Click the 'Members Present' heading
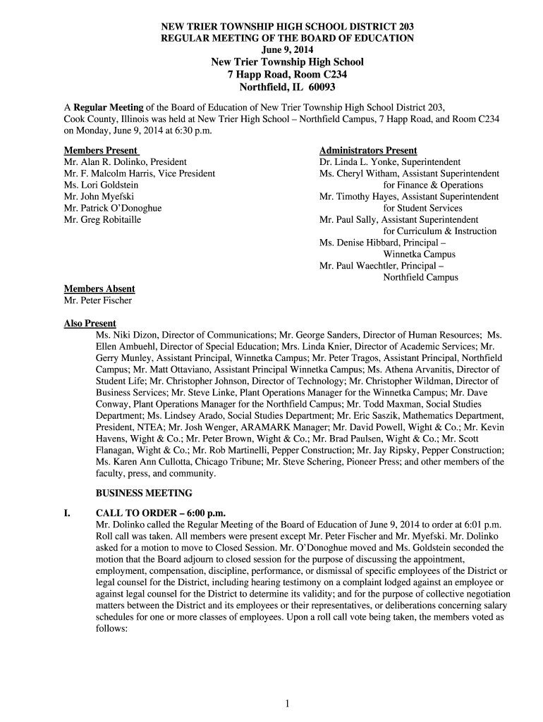pos(100,151)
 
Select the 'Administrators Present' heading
pos(368,151)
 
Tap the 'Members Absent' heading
pos(99,289)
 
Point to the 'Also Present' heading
pos(90,324)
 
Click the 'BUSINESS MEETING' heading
pos(144,493)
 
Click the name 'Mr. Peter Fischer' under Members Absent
pos(98,300)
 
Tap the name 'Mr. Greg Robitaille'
pos(102,220)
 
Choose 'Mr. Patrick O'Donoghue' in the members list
pos(113,209)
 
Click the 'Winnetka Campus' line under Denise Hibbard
pos(419,255)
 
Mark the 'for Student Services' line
pos(422,209)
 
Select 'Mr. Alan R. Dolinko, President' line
pos(125,162)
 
